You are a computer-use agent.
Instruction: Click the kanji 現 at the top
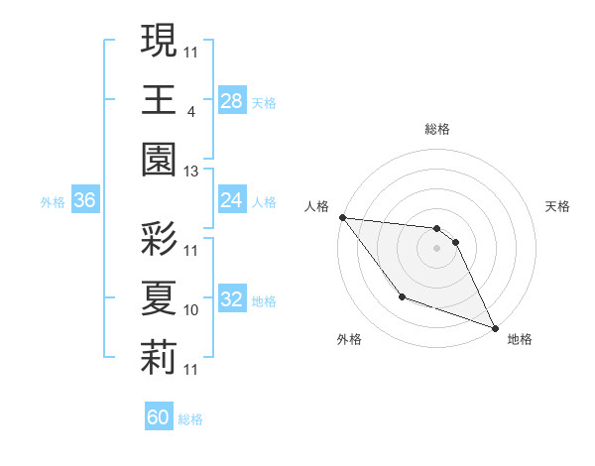click(x=159, y=41)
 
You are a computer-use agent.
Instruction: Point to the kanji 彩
click(x=159, y=240)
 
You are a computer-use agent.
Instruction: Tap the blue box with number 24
click(x=232, y=200)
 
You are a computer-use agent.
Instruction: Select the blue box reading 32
click(x=232, y=298)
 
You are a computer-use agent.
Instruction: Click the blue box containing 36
click(x=85, y=200)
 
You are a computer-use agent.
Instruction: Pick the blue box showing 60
click(x=159, y=417)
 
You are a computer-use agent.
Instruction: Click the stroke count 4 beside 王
click(x=189, y=111)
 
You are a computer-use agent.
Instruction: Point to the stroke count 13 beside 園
click(x=191, y=172)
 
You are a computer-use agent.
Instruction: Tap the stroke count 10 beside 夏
click(x=191, y=310)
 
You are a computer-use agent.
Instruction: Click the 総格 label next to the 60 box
click(x=190, y=419)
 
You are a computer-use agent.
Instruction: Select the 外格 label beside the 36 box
click(x=53, y=202)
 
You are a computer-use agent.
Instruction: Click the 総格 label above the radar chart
click(x=437, y=129)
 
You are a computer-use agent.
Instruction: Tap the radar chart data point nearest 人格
click(x=342, y=217)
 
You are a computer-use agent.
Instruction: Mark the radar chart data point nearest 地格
click(x=495, y=327)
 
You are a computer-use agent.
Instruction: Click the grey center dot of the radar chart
click(x=436, y=248)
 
